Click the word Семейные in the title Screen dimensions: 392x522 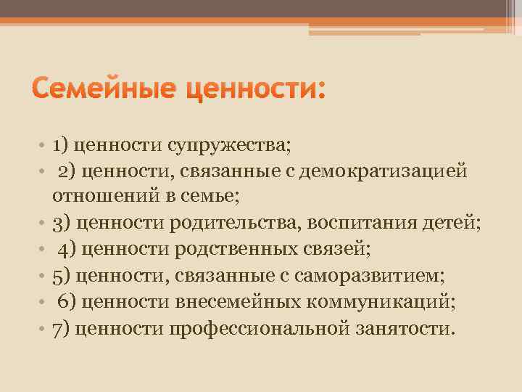tap(107, 91)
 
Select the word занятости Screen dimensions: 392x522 tap(406, 327)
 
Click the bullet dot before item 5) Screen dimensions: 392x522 tap(44, 276)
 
